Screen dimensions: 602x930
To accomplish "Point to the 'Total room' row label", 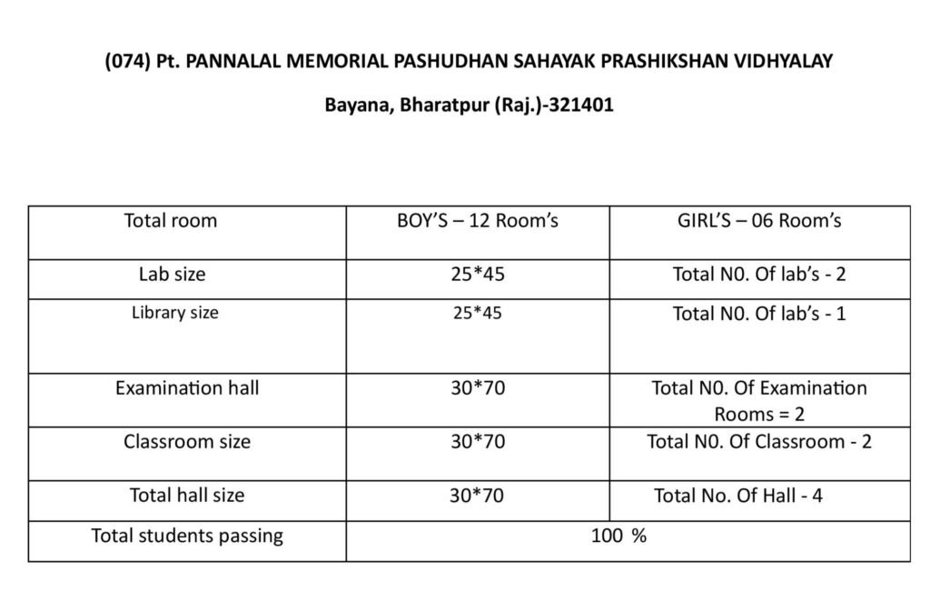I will (171, 221).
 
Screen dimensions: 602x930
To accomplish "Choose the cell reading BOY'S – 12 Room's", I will (477, 221).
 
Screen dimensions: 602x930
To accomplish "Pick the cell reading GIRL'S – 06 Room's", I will (759, 221).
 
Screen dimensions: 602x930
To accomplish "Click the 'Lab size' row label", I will (172, 274).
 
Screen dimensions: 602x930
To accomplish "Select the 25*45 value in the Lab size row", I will (477, 274).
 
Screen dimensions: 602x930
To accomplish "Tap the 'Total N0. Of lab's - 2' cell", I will (759, 274).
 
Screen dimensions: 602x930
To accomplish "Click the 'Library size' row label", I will (175, 313).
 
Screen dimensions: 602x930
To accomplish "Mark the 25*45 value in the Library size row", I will (477, 313).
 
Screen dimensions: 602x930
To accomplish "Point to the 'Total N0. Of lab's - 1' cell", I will (759, 314).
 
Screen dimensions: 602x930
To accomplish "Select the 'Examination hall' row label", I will (186, 388).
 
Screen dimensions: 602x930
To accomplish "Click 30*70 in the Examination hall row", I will (477, 388).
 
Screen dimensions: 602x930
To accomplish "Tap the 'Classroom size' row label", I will (187, 442).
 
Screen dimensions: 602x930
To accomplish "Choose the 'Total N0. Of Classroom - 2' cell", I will (759, 442).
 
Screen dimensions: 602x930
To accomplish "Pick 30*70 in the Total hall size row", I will (477, 496).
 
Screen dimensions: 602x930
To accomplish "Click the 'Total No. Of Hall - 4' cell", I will (738, 496).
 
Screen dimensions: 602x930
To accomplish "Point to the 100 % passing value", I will (618, 536).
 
